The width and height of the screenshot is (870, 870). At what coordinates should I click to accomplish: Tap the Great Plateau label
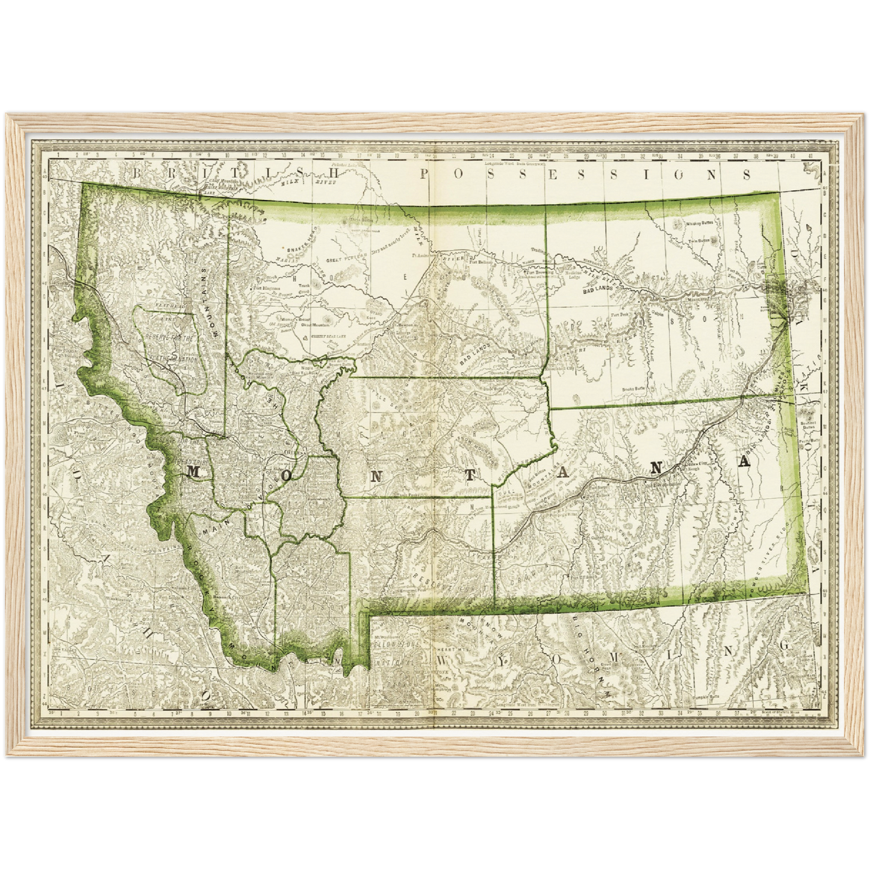coord(343,260)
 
